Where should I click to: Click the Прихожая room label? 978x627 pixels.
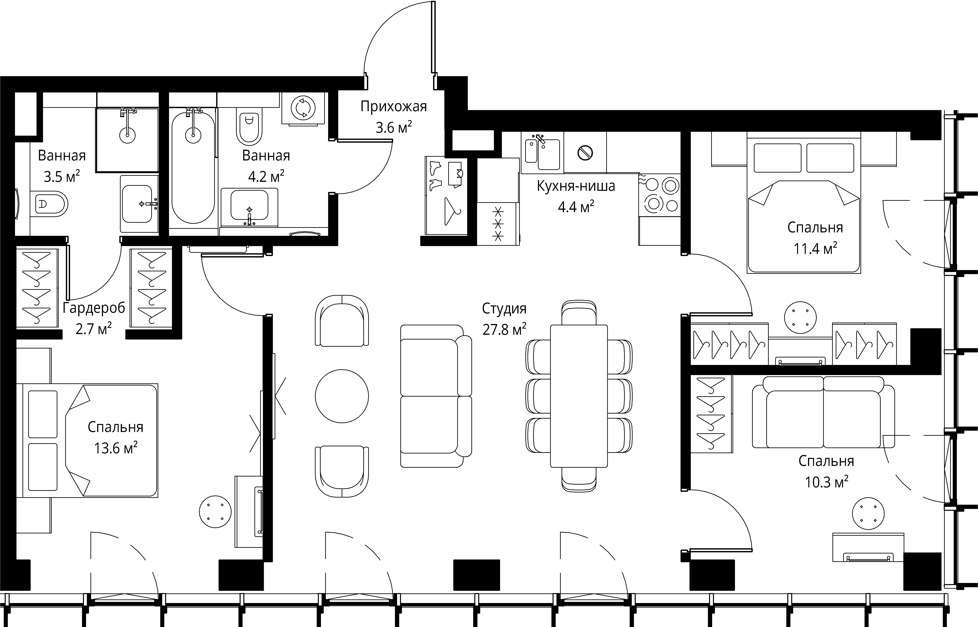[393, 107]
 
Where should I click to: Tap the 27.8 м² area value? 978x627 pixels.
[504, 329]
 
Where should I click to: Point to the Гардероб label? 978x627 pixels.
[94, 308]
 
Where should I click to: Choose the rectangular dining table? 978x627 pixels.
[579, 396]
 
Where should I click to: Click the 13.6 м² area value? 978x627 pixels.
[116, 448]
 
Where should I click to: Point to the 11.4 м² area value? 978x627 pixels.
[815, 248]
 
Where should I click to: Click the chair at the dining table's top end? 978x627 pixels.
[579, 313]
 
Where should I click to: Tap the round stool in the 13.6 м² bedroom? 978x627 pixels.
[215, 512]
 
